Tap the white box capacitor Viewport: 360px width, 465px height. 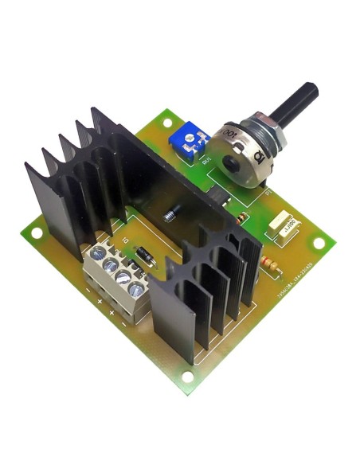tap(283, 225)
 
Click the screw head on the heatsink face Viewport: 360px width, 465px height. tap(170, 214)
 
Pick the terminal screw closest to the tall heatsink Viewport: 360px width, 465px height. tap(98, 252)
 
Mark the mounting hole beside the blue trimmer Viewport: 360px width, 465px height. tap(166, 122)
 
